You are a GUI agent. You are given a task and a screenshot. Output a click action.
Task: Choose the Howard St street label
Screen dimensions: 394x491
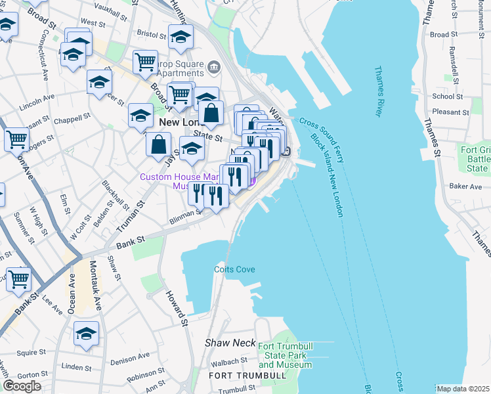click(x=177, y=309)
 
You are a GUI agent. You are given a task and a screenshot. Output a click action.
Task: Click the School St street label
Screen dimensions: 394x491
click(x=448, y=96)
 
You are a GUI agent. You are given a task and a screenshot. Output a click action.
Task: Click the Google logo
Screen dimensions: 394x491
click(x=22, y=386)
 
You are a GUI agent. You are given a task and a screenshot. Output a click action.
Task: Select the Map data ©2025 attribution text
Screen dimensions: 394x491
click(x=462, y=389)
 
